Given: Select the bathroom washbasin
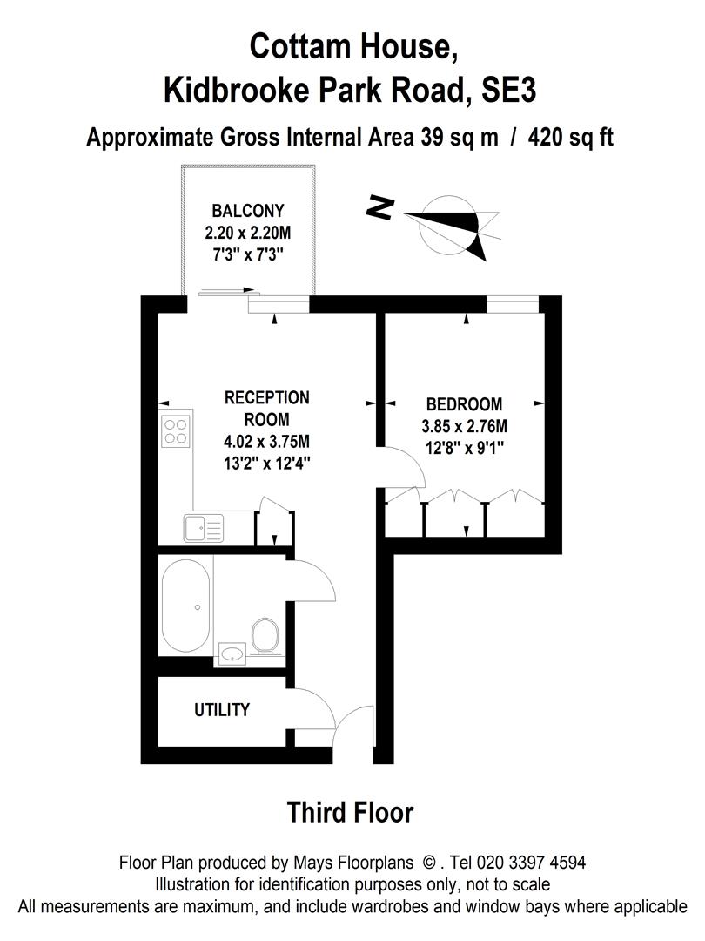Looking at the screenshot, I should point(232,653).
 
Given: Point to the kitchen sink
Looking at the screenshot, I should point(203,527).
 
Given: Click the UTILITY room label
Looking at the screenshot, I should point(221,710).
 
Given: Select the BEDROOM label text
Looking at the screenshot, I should point(464,404).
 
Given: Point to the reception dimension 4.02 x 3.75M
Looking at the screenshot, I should point(267,442).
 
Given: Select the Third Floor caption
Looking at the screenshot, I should point(350,813).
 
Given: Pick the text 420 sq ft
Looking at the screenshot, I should point(564,138).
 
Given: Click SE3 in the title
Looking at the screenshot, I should point(508,90).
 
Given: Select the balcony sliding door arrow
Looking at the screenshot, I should point(228,293).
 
